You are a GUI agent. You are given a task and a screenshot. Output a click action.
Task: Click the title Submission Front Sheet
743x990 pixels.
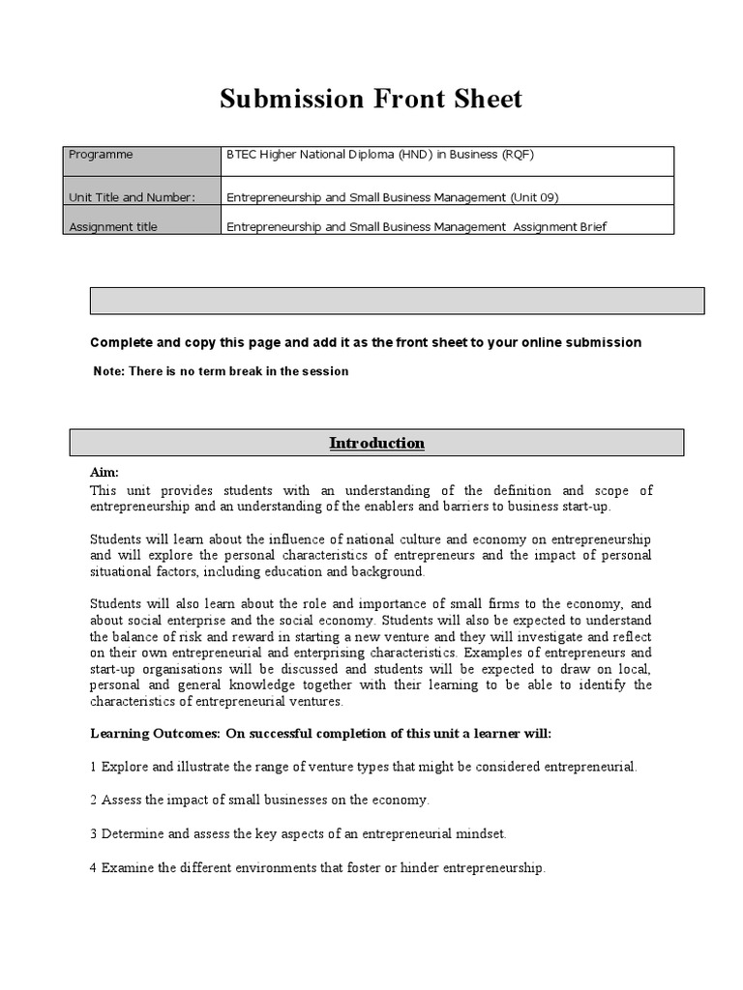(371, 99)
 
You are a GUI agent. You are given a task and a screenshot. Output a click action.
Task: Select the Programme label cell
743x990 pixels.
(142, 160)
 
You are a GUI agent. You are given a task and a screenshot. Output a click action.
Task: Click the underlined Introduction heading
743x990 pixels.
(376, 444)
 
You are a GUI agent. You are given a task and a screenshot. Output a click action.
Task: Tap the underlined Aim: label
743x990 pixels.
(104, 472)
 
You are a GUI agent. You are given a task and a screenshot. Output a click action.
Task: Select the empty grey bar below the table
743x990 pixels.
(397, 301)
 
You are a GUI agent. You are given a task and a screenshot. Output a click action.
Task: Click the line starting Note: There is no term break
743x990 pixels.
(221, 371)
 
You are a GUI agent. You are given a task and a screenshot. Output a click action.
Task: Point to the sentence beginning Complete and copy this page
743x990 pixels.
(366, 342)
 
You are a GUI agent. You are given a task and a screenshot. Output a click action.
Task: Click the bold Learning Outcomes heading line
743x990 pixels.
(320, 734)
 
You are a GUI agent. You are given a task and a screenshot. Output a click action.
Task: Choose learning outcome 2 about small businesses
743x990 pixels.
(259, 801)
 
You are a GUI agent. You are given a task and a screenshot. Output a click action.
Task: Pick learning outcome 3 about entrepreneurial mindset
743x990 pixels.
(298, 833)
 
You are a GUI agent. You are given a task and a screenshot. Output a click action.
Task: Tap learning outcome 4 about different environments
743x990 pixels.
(317, 868)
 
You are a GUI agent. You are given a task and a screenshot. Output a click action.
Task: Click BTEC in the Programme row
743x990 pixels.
(241, 155)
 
